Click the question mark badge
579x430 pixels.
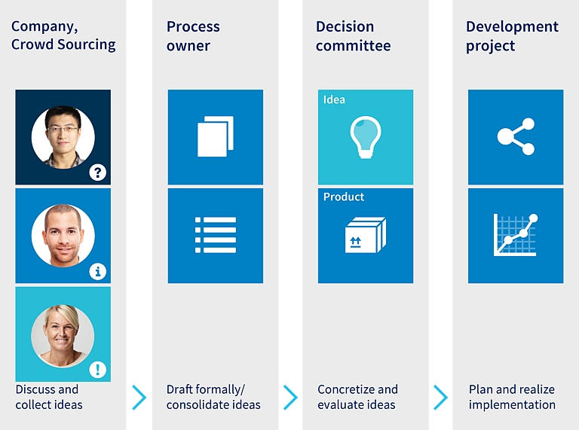[98, 172]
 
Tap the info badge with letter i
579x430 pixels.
[98, 272]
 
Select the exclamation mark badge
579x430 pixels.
[98, 370]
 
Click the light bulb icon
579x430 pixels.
[366, 137]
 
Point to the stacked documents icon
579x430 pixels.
[216, 136]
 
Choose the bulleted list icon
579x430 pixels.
[216, 235]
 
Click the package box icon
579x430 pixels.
[366, 235]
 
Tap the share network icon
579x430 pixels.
[516, 136]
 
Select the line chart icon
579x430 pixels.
[516, 235]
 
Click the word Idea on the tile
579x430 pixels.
[334, 99]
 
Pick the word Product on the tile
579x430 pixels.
[344, 197]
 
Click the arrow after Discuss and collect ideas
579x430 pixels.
[139, 398]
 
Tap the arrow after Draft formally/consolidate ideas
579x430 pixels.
[290, 398]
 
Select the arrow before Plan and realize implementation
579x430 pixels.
[440, 398]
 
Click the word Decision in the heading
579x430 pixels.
[345, 26]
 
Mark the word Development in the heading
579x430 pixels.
[512, 27]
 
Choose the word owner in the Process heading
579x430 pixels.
[188, 46]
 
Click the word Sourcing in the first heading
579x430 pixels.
[87, 45]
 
